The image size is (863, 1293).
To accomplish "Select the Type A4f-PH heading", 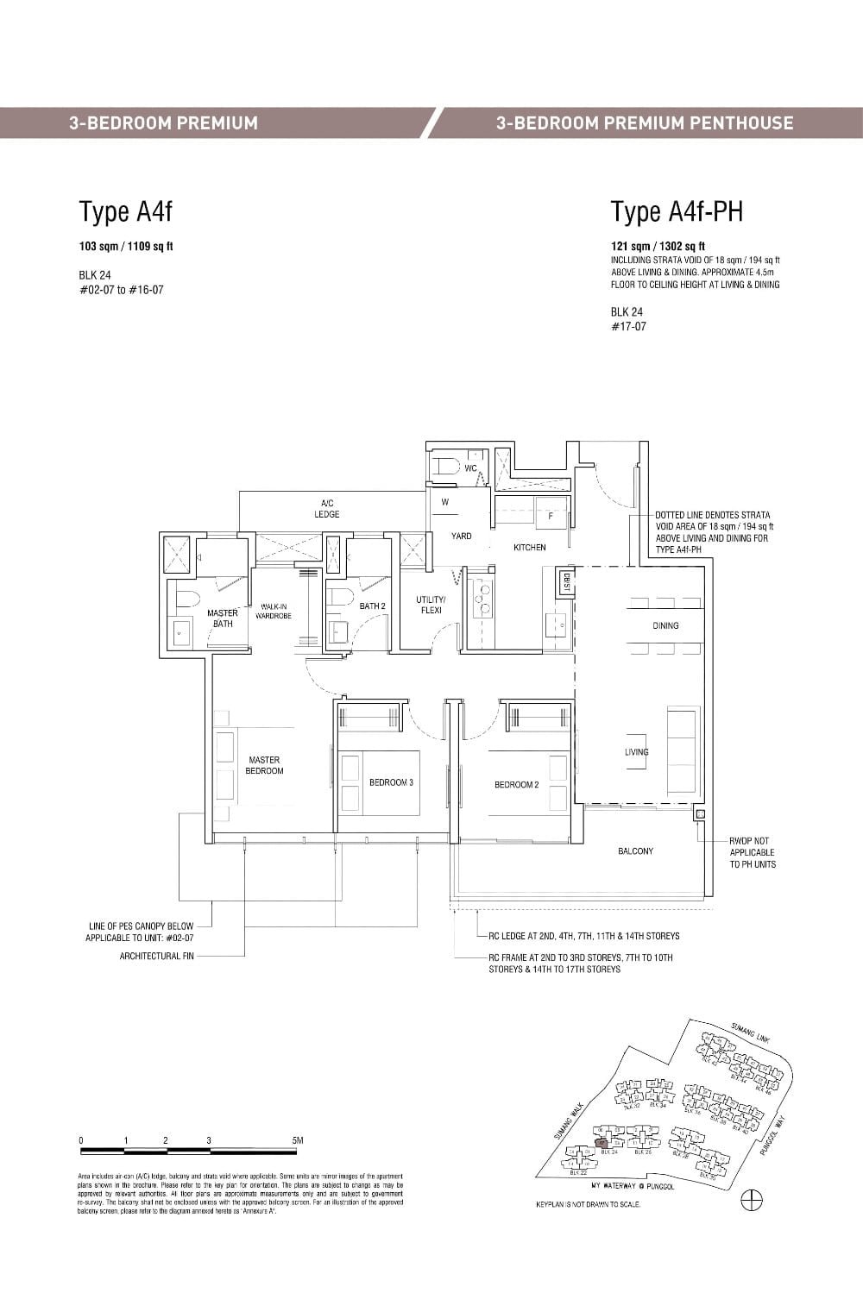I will (677, 212).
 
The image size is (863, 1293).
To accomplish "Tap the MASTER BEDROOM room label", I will (264, 765).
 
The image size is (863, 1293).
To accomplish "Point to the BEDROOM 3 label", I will (391, 782).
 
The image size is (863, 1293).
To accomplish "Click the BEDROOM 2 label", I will (516, 784).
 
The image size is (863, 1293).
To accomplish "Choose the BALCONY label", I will (635, 851).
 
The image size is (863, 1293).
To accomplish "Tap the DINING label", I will (665, 625).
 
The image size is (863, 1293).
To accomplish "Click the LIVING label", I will (637, 752).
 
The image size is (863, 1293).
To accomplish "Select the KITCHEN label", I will (529, 547).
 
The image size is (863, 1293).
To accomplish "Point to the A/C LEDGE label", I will (327, 509).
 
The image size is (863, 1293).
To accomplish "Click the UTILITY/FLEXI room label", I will (431, 605).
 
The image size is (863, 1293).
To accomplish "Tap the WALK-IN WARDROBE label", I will (274, 612).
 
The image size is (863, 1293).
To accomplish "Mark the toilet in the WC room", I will (446, 467).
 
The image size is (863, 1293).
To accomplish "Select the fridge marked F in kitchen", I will (550, 514).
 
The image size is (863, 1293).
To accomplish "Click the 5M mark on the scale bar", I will (297, 1140).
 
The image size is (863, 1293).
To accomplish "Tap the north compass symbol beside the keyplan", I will (752, 1200).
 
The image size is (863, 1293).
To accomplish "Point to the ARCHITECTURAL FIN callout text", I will (156, 956).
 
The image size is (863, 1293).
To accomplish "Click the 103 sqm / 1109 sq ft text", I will (126, 247).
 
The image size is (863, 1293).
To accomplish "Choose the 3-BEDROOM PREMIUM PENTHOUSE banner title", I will (645, 122).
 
